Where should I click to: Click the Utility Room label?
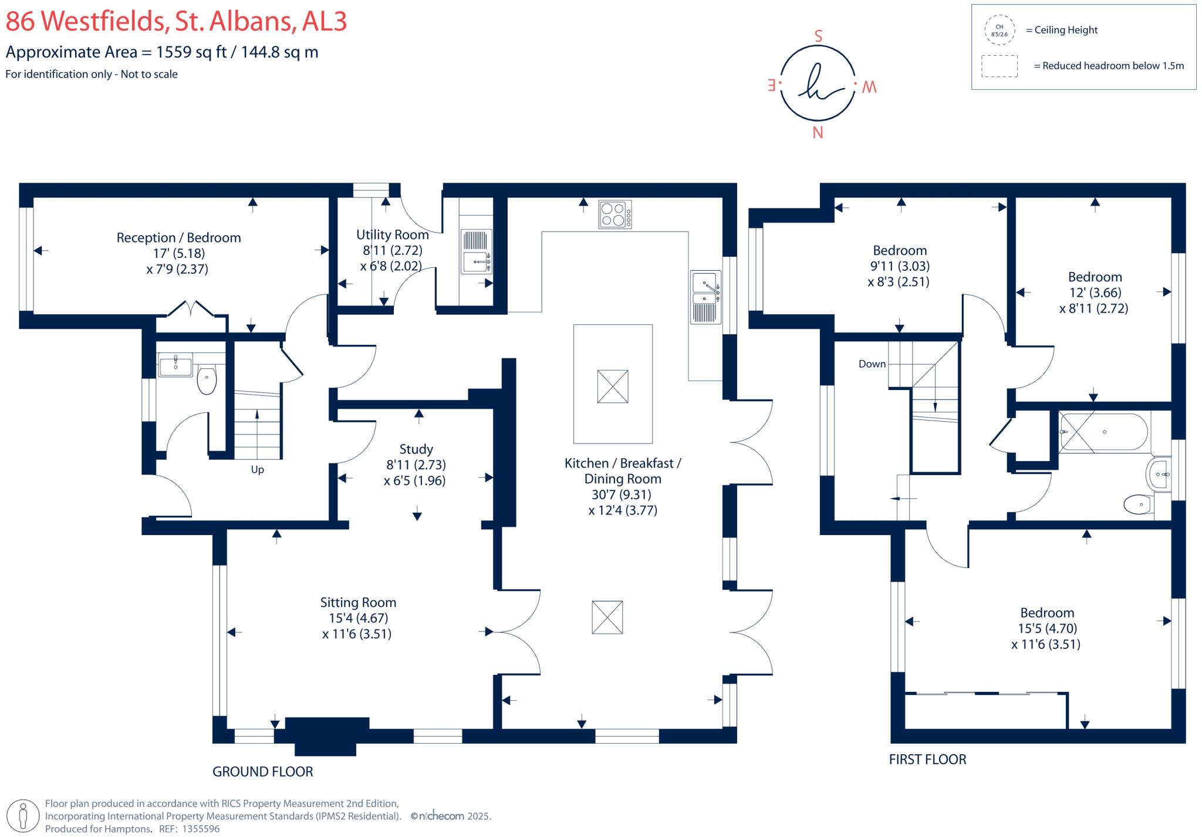pos(392,235)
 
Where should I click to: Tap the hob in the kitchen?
pos(614,214)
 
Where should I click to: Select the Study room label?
pos(416,449)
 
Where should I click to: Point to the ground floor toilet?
pos(207,380)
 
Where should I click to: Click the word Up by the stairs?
pos(257,470)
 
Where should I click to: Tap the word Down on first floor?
pos(872,364)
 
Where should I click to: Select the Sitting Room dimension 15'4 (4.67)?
pos(358,618)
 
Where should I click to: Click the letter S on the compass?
pos(818,36)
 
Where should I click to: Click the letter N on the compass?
pos(818,133)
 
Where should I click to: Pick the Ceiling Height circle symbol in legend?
pos(999,31)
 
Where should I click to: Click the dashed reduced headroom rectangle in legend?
pos(999,66)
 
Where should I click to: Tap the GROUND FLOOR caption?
pos(262,772)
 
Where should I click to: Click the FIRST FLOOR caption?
pos(927,759)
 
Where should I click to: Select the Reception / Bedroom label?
pos(178,238)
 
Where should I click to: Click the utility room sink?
pos(475,261)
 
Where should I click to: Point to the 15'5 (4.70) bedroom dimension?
pos(1047,628)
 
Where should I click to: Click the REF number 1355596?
pos(201,829)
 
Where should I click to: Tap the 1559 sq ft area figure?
pos(191,52)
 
